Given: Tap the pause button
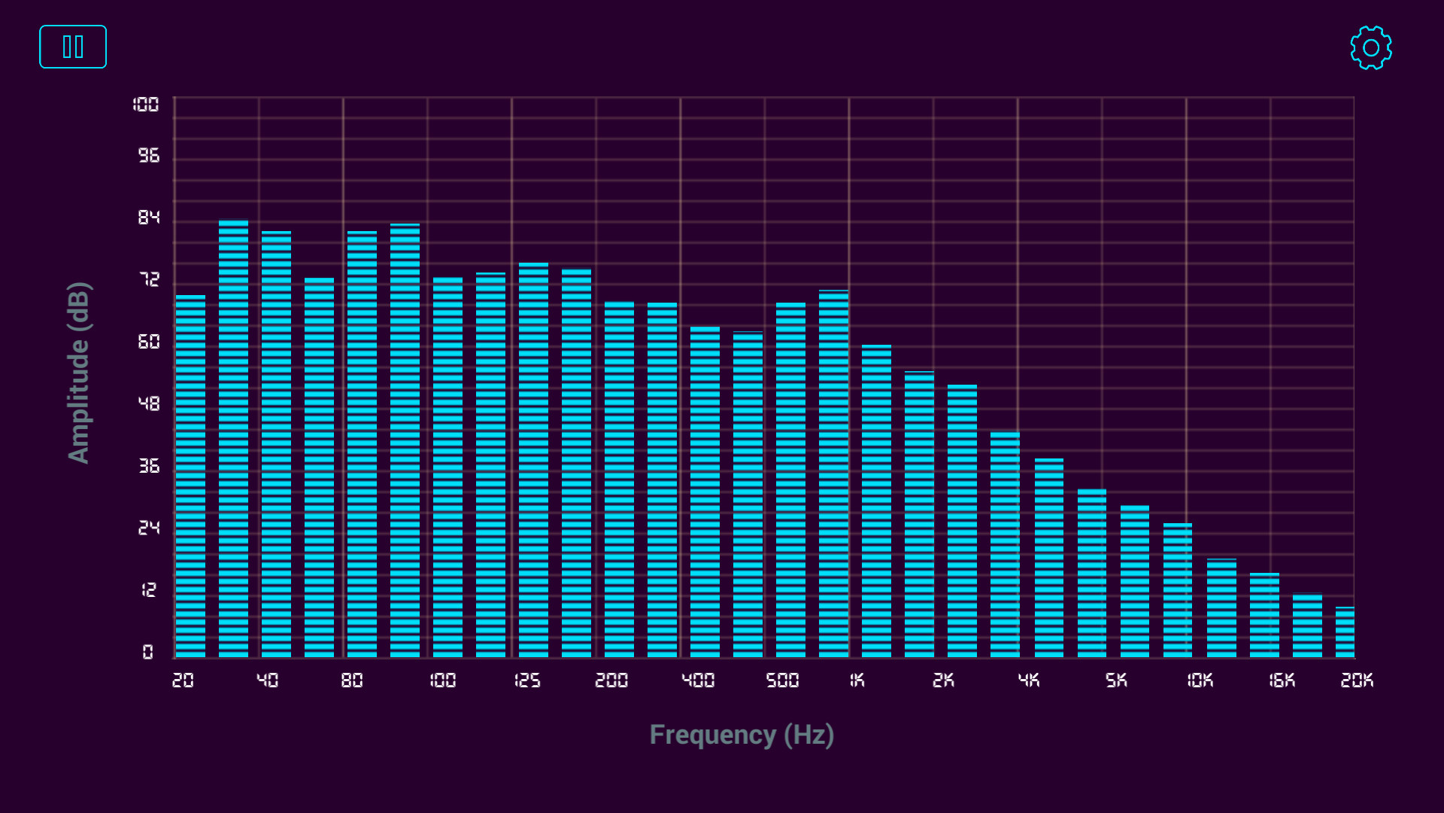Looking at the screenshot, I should [73, 47].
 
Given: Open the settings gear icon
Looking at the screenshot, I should [1370, 48].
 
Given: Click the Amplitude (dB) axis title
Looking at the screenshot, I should [79, 373].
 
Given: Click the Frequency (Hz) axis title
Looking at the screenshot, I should [742, 735].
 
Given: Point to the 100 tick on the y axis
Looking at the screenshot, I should [146, 105].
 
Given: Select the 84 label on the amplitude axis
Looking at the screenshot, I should [149, 218].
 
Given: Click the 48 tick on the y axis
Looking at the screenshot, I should [149, 404].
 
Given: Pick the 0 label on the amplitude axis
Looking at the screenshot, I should [148, 652].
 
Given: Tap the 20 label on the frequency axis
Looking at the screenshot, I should [183, 681].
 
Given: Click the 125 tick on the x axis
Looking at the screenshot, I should [527, 681].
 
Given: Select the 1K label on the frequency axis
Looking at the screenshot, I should [857, 681].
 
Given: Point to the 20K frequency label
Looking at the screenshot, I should [1357, 681].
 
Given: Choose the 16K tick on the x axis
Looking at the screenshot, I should [1282, 681].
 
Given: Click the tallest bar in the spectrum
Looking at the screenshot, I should [233, 437].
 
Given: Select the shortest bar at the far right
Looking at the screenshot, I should [1345, 632].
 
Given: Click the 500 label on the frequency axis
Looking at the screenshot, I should [782, 681].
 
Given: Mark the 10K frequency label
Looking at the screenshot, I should [1200, 681].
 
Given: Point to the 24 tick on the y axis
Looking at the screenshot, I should [149, 528].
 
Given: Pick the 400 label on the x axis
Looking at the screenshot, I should [698, 681].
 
